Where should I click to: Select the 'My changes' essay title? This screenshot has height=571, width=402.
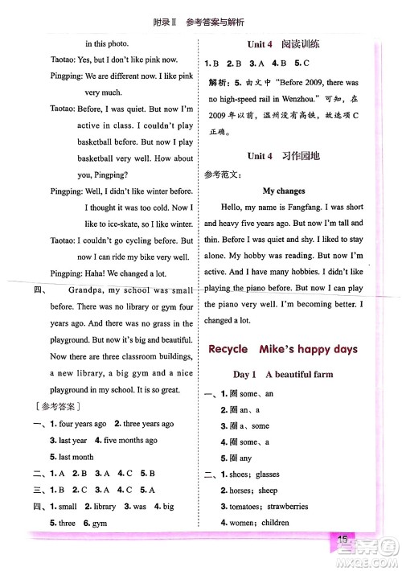point(284,191)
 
